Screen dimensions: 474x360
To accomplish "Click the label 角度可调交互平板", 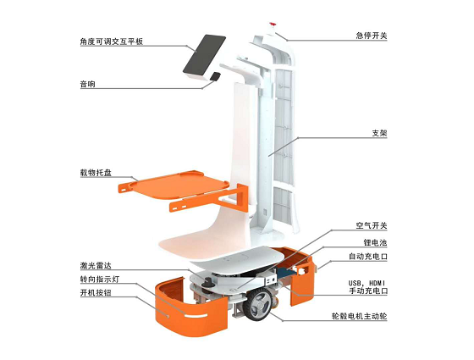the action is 111,42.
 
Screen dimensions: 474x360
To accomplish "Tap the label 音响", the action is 87,84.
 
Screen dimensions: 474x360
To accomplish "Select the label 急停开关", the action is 372,36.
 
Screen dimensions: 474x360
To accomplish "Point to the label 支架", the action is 379,133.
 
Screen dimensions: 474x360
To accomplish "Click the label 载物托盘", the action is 96,173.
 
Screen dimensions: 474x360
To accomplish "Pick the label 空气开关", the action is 372,225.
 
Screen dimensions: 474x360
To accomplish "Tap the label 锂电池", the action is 376,242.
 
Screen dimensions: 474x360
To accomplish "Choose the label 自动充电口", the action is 367,257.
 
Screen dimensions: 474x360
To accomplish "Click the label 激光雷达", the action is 96,266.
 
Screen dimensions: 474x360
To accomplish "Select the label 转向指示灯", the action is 100,280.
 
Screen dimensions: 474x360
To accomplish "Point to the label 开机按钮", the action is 96,293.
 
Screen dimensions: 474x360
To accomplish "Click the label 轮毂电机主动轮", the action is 359,317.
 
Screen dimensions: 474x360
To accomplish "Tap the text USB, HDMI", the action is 367,284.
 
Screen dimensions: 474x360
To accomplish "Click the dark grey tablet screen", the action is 204,55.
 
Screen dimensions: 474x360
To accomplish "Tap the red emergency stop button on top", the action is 272,24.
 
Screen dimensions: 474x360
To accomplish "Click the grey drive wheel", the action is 258,304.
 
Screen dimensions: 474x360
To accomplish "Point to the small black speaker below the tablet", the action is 215,76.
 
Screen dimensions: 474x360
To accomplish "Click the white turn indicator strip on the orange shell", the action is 196,316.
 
